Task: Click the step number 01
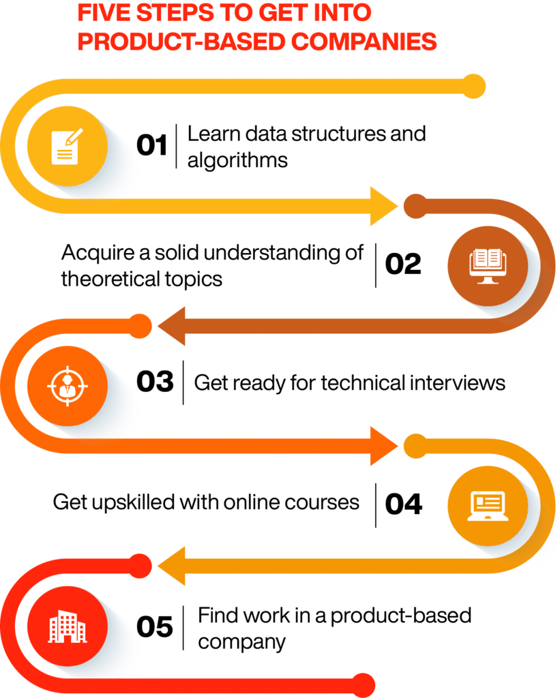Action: tap(151, 145)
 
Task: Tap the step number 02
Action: tap(402, 264)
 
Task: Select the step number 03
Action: tap(155, 382)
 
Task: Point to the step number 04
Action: tap(403, 504)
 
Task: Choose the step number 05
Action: tap(154, 626)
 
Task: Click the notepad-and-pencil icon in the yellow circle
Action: tap(68, 147)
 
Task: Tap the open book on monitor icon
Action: tap(488, 267)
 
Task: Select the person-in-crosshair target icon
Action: tap(68, 386)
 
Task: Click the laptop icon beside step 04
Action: tap(488, 506)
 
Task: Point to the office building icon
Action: tap(68, 626)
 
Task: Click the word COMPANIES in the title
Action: tap(364, 42)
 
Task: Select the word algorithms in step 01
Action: tap(237, 161)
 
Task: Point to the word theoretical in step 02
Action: tap(110, 279)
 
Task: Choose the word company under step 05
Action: tap(241, 642)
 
